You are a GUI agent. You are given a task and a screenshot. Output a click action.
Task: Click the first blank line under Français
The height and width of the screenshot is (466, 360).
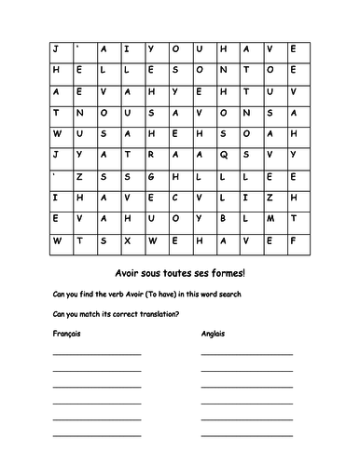click(x=97, y=354)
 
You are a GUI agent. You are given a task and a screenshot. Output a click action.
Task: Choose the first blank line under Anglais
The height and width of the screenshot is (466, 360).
click(x=246, y=354)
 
